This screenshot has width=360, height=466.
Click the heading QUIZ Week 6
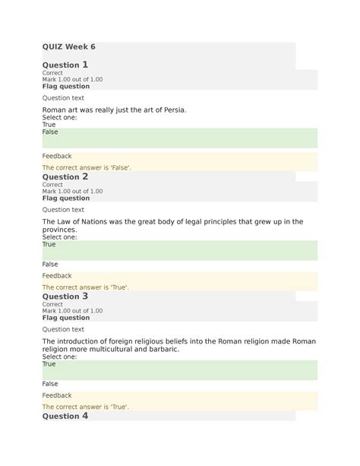68,47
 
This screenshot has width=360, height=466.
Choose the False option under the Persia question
50,132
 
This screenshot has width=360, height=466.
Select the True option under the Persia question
49,125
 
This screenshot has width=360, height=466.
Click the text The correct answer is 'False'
87,167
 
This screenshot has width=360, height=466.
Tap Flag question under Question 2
65,198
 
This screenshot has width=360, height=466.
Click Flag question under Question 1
65,87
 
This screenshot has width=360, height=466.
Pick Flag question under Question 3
65,318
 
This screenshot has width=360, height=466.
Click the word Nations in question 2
109,221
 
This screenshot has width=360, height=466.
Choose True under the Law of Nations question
49,245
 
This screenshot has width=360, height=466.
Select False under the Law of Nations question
50,264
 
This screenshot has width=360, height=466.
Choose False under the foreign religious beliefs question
50,384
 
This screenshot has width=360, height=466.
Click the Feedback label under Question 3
57,395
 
